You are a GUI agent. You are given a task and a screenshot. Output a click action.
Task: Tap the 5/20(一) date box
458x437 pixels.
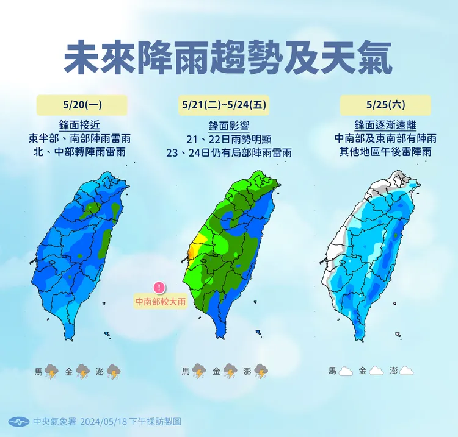tap(82, 105)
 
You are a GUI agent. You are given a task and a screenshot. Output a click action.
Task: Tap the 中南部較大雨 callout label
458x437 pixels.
tap(161, 301)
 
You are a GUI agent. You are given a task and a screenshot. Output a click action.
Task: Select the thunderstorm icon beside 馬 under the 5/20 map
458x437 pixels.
tap(52, 371)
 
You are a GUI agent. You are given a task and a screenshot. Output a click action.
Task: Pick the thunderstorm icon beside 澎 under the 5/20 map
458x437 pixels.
tap(113, 371)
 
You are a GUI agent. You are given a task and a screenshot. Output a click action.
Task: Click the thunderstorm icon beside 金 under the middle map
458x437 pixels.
tap(230, 371)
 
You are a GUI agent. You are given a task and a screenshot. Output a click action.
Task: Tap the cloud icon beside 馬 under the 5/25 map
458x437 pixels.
tap(347, 371)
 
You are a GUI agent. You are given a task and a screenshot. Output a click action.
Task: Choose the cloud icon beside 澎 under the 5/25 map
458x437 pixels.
tap(407, 371)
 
